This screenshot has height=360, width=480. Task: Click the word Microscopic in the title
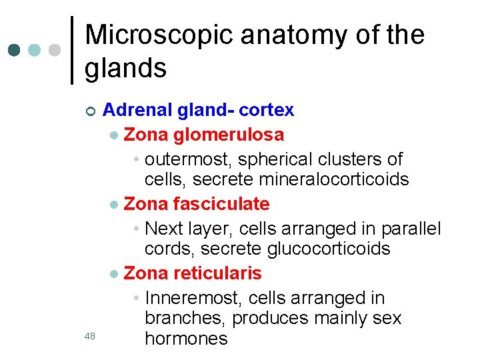click(159, 35)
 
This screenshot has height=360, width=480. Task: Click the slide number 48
click(91, 337)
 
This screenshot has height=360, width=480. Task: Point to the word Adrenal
click(134, 109)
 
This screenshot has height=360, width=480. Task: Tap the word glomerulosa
click(229, 135)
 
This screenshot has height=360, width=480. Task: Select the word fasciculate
click(221, 204)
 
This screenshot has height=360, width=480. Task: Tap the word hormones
click(186, 339)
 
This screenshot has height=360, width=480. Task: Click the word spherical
click(283, 160)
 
